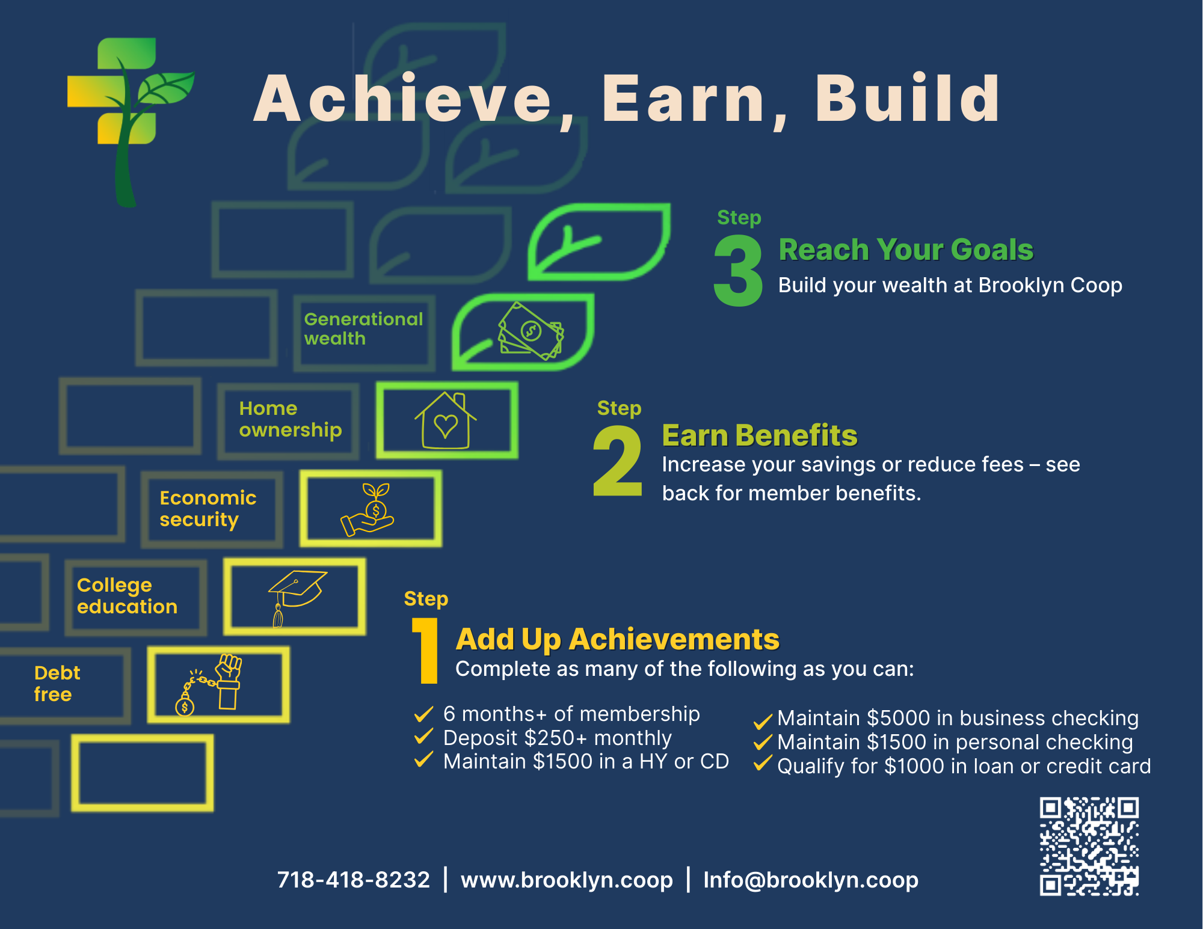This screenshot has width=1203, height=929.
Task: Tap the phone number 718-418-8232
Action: point(354,880)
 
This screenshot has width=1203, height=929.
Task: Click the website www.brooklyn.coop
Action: point(567,880)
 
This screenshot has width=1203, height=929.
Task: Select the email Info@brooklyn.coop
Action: point(811,880)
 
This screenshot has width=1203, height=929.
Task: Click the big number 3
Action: point(738,271)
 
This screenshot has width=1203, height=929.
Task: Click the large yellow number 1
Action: point(427,651)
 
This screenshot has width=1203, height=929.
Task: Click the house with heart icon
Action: point(446,420)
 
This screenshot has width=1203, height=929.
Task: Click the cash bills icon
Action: point(531,331)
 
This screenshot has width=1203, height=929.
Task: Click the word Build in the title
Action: point(908,98)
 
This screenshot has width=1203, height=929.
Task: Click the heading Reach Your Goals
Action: point(906,250)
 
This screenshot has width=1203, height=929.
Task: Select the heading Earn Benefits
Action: point(760,435)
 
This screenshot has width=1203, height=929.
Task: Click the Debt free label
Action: point(57,683)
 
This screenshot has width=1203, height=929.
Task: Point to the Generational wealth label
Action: point(363,328)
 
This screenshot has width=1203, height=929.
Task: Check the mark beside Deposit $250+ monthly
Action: point(423,736)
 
